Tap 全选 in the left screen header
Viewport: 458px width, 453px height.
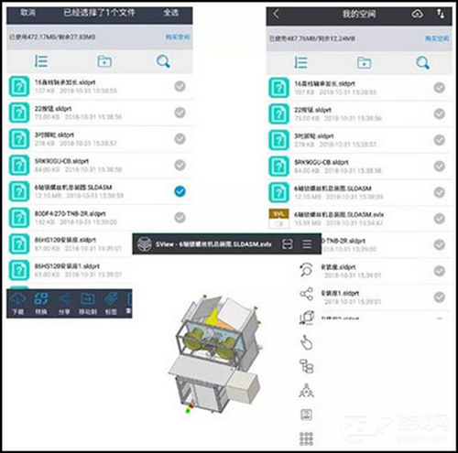(170, 13)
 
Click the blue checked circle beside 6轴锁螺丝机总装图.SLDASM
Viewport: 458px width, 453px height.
(180, 190)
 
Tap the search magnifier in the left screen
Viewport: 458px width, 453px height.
(163, 62)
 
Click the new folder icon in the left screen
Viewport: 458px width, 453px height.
(104, 62)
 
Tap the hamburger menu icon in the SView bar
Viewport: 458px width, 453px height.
(307, 244)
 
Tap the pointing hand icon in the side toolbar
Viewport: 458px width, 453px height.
(306, 342)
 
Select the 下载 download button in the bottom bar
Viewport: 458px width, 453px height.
(16, 303)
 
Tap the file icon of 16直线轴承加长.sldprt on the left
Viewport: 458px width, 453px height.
(18, 85)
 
